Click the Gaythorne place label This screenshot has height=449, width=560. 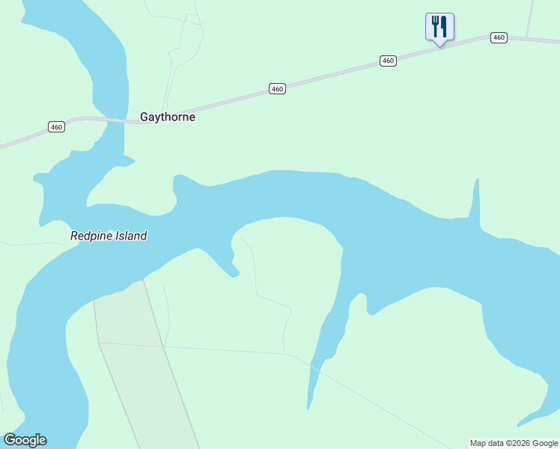[x=168, y=117]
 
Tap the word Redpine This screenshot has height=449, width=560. [x=90, y=236]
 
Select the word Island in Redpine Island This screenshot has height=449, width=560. [x=130, y=236]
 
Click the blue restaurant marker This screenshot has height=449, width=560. [x=439, y=28]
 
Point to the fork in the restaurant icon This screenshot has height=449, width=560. [x=435, y=26]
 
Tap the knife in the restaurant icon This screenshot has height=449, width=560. [x=444, y=26]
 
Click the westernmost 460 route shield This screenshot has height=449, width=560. [x=57, y=127]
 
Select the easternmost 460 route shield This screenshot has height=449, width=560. [x=499, y=37]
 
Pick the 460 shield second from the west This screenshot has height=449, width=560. [x=277, y=89]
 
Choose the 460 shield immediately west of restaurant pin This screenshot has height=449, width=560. [x=387, y=61]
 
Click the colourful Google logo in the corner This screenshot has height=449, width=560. [x=25, y=440]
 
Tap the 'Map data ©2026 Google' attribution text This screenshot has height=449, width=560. [x=514, y=443]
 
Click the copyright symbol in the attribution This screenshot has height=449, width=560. [x=504, y=443]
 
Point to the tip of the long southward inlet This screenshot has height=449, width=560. [x=308, y=407]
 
